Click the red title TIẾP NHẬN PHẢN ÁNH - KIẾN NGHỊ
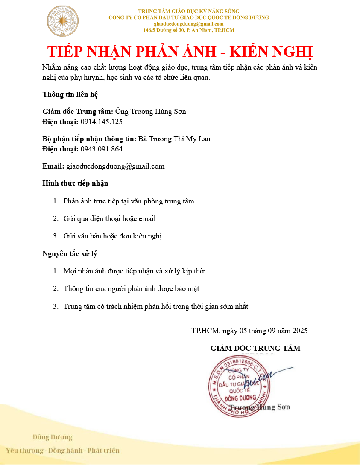(x=180, y=51)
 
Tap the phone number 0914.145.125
(x=102, y=122)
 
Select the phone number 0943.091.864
(x=102, y=149)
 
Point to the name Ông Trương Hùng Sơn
(x=151, y=112)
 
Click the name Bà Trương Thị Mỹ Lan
(x=174, y=139)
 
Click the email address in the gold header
(x=189, y=24)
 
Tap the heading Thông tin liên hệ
(x=71, y=94)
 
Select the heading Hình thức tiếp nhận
(x=76, y=183)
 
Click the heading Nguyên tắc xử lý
(x=70, y=254)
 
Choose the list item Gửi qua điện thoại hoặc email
(x=110, y=219)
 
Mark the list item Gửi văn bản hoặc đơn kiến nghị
(x=113, y=236)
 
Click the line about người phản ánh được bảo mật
(x=131, y=289)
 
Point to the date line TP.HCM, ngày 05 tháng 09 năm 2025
(x=249, y=331)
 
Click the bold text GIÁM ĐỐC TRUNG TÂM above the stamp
(x=255, y=348)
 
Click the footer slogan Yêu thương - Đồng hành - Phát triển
(x=63, y=450)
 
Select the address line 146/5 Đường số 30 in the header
(x=189, y=30)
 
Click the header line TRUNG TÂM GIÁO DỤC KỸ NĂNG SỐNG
(x=189, y=11)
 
